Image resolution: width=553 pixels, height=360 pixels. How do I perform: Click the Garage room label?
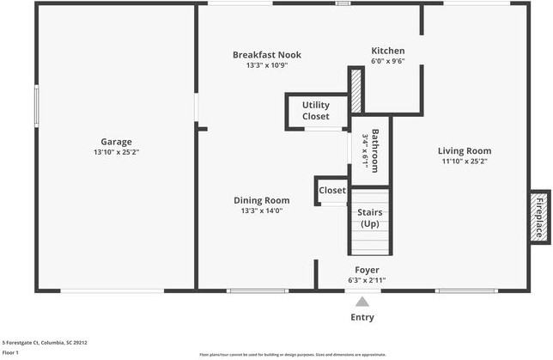(117, 142)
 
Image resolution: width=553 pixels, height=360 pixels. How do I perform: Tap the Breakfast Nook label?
(267, 55)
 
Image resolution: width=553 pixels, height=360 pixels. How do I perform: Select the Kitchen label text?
(387, 51)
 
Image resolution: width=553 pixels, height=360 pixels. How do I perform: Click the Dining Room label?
(261, 200)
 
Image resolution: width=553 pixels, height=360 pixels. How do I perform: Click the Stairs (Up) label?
(369, 217)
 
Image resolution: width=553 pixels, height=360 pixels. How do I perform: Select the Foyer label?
(367, 270)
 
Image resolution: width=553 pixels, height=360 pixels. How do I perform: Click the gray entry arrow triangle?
(362, 302)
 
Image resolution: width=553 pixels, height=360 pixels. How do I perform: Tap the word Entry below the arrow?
(362, 317)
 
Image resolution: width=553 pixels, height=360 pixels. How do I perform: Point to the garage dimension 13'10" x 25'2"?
(117, 152)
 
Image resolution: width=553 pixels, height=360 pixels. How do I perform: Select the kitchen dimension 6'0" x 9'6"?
(387, 62)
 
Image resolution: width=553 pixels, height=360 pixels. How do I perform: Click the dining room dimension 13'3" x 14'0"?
(261, 211)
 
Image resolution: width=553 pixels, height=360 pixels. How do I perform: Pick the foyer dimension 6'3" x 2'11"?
(367, 280)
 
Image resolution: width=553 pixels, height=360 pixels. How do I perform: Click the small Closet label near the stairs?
(332, 190)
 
